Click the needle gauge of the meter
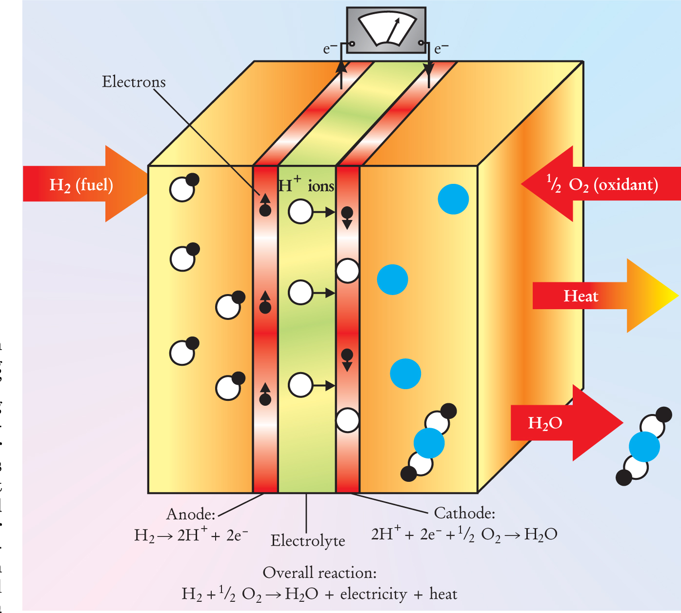pos(386,30)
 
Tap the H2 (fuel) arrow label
pos(81,185)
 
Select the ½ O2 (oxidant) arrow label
pos(602,184)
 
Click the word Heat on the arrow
pos(581,296)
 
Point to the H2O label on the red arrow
pos(545,423)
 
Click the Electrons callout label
pos(134,82)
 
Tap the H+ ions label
pos(306,186)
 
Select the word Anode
pos(191,514)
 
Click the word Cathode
pos(464,513)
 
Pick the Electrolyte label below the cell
pos(308,540)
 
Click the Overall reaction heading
pos(320,573)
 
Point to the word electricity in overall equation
pos(373,594)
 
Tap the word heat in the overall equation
pos(443,594)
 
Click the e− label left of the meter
pos(330,49)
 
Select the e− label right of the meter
pos(441,49)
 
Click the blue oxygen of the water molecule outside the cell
pos(644,446)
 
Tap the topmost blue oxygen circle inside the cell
pos(453,199)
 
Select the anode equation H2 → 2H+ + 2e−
pos(191,535)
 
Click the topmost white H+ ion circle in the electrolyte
pos(300,212)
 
